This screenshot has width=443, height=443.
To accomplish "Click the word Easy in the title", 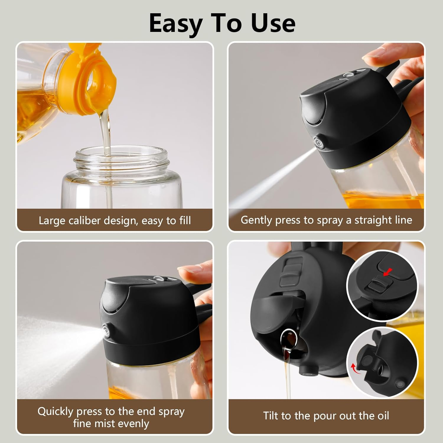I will (176, 24).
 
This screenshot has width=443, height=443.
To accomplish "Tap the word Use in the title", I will (273, 23).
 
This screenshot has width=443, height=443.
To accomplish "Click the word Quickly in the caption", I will (55, 411).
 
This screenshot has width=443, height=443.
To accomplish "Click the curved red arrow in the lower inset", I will (354, 369).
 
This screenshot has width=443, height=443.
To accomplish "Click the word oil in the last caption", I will (383, 416).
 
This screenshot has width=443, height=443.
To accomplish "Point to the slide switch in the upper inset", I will (379, 285).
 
